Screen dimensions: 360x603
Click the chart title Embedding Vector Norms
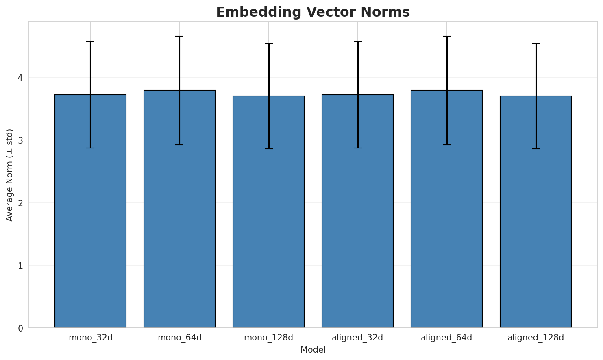(313, 12)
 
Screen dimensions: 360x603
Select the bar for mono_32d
(90, 212)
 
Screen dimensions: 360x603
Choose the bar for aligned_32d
(357, 212)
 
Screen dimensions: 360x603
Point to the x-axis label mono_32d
(90, 338)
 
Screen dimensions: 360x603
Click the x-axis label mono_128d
(268, 338)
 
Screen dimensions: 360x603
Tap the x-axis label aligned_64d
(446, 338)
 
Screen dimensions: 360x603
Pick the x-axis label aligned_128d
(536, 338)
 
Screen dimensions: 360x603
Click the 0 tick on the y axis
(21, 328)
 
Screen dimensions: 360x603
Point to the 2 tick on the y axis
(21, 203)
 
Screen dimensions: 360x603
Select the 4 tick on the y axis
(21, 78)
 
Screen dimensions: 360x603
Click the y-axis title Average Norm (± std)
(10, 175)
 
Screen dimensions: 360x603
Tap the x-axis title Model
(313, 350)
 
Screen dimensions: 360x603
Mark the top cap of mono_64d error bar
(179, 36)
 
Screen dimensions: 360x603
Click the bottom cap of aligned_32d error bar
(357, 148)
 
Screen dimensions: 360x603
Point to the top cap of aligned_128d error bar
(536, 44)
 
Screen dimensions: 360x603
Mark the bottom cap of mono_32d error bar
(90, 148)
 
